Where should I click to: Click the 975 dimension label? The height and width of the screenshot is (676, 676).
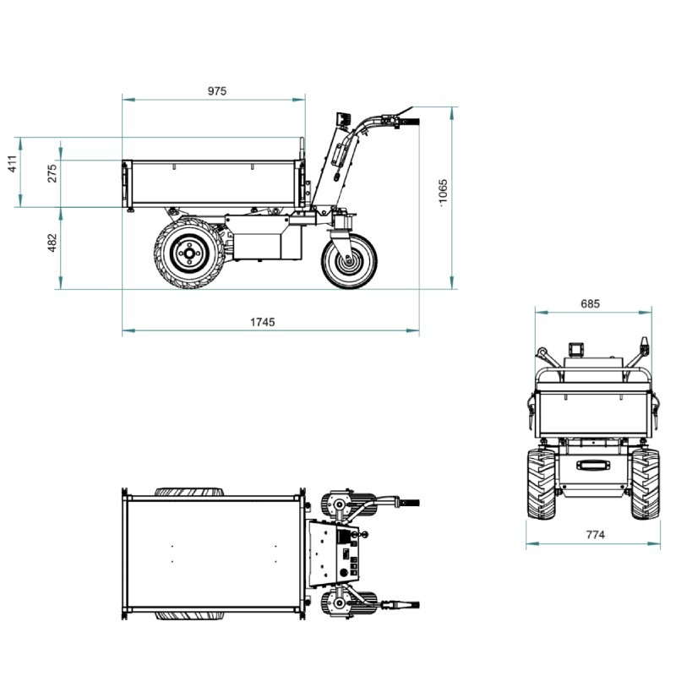pos(217,91)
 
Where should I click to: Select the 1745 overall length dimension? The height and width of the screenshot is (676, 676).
pos(262,322)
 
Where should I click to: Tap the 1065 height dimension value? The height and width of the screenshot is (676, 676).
pos(443,194)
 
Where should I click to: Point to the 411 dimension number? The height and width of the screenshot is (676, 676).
pos(14,164)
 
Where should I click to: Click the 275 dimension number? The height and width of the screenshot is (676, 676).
pos(52,173)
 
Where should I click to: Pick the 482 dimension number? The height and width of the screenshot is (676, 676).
pos(52,243)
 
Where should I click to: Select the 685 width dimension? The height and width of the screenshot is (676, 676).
pos(590,304)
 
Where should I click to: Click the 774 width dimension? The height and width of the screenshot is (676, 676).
pos(596,535)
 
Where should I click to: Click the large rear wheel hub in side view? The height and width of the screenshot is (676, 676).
pos(188,253)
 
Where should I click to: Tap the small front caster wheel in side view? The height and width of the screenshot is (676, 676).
pos(349,261)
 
